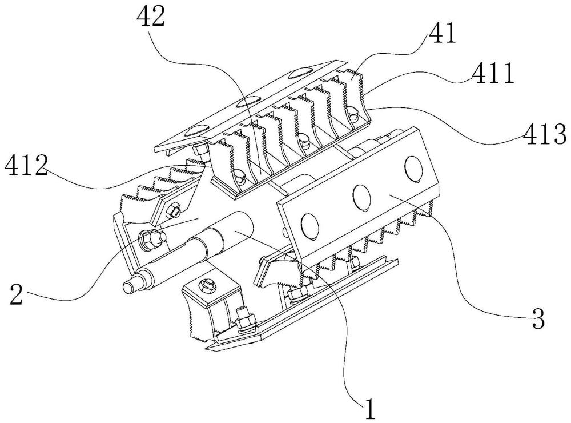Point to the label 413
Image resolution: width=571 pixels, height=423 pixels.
click(x=545, y=134)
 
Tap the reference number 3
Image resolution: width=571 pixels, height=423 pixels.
click(x=538, y=318)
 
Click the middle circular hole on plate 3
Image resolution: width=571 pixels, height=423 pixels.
click(x=361, y=198)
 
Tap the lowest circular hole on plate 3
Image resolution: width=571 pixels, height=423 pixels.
click(x=310, y=226)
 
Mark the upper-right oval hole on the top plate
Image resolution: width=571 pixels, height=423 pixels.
click(x=301, y=73)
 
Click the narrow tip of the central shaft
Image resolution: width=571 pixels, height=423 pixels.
click(x=128, y=286)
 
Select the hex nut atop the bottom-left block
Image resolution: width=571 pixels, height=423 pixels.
click(x=207, y=286)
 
